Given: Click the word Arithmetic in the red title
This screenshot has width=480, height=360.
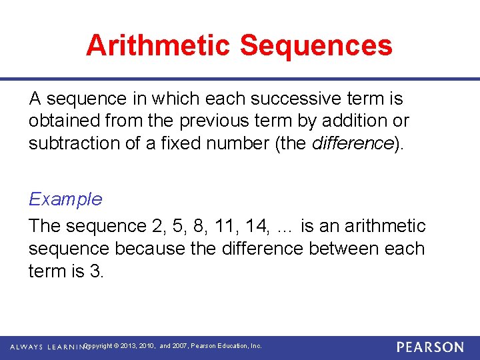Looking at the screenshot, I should [x=158, y=45].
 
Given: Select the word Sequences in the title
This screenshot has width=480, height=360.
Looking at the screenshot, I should [x=316, y=45].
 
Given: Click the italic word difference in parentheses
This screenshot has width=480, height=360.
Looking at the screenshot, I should [x=351, y=143].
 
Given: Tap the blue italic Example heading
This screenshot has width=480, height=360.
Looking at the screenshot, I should [x=65, y=199].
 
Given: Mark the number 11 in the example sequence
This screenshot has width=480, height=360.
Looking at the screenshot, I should [x=222, y=226].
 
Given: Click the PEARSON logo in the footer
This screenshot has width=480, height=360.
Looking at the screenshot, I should [x=431, y=347].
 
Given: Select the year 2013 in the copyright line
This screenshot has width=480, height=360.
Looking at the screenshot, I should [x=131, y=346].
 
